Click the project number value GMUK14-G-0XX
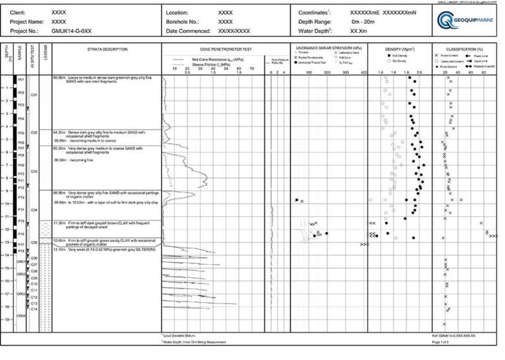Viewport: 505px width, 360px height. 70,31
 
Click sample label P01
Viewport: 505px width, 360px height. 21,79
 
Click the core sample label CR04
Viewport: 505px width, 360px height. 21,316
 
